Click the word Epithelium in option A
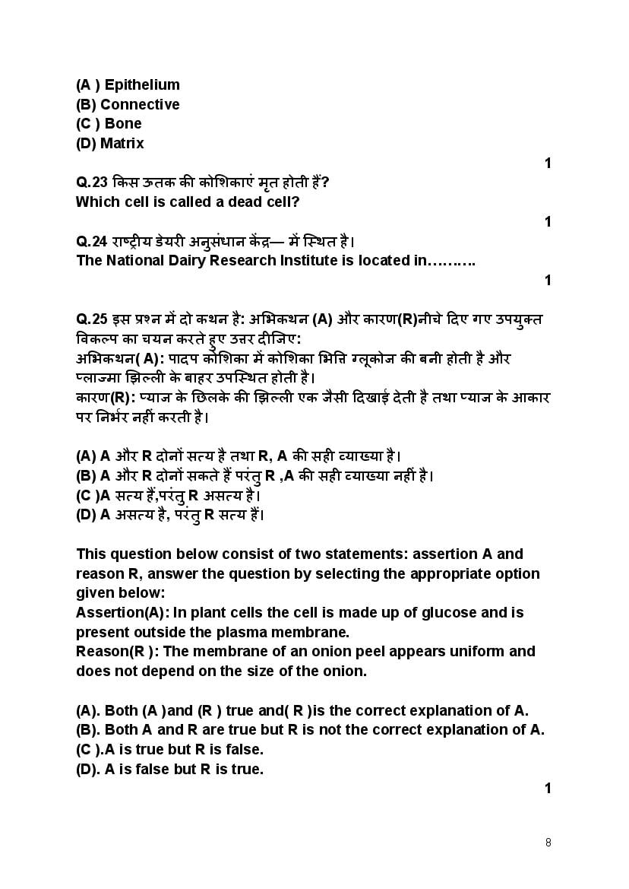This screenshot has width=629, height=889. tap(142, 84)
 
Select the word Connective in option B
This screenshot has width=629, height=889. tap(140, 104)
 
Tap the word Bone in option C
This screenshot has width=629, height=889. tap(123, 123)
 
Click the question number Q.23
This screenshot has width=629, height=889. tap(91, 183)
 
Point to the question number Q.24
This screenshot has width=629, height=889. tap(91, 241)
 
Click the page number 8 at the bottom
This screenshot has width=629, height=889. tap(548, 843)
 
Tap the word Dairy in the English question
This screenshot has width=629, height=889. tap(185, 260)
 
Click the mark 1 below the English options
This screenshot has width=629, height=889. tap(548, 789)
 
